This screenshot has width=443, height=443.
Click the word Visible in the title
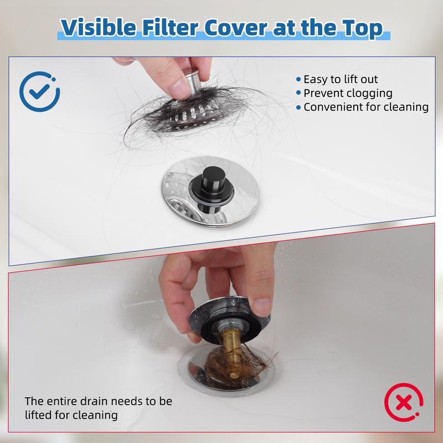click(99, 27)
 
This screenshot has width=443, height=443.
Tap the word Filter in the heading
click(170, 27)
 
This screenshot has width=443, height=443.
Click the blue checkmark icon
click(39, 91)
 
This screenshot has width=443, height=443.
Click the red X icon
click(404, 403)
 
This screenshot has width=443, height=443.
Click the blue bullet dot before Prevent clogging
click(298, 93)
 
